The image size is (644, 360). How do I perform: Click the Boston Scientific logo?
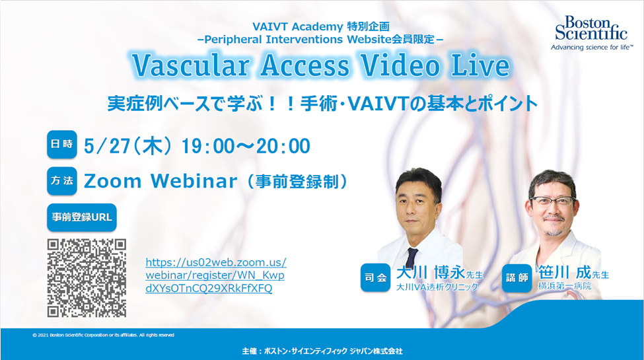point(591,33)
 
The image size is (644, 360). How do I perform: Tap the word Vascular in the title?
point(191,65)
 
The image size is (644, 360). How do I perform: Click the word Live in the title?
point(481,65)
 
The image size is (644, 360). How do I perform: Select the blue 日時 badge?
point(62,144)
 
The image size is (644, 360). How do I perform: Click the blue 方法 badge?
point(62,181)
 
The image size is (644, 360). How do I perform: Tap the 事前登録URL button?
point(82,217)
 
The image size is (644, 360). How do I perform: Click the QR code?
point(87,278)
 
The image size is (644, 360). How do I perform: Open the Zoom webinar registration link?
point(215,275)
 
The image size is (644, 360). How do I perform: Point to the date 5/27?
point(107,146)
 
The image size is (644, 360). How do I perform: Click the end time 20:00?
point(283,146)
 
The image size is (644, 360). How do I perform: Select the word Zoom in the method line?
point(112,181)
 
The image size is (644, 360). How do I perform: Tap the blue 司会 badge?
point(375,278)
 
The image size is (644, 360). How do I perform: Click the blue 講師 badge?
point(517,278)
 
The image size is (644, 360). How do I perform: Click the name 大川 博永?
point(431,273)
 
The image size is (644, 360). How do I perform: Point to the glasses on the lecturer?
point(552,201)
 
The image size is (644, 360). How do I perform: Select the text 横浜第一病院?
point(565,287)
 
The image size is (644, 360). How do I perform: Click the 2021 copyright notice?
point(103,335)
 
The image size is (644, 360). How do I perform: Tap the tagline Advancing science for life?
point(592,48)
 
